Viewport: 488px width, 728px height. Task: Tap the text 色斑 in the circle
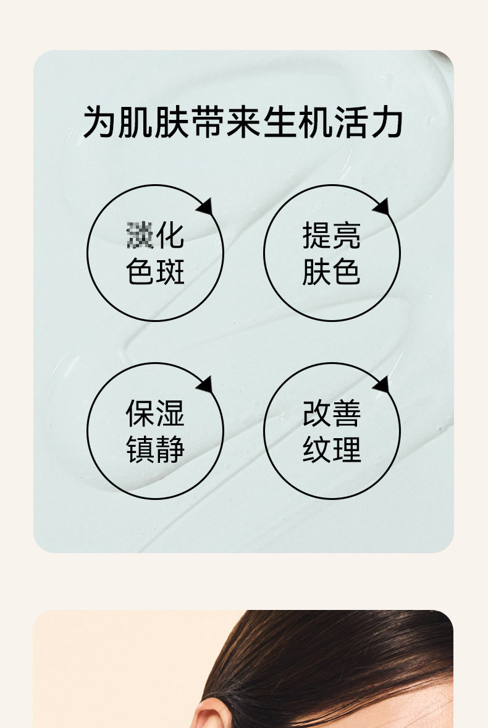pyautogui.click(x=155, y=272)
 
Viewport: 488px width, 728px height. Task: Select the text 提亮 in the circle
pyautogui.click(x=332, y=236)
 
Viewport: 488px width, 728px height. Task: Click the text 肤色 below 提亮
pyautogui.click(x=332, y=272)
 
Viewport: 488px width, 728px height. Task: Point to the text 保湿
pyautogui.click(x=155, y=413)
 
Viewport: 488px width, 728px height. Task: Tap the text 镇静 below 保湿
pyautogui.click(x=155, y=449)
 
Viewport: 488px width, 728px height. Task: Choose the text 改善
pyautogui.click(x=332, y=413)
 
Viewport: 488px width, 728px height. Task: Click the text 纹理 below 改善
pyautogui.click(x=332, y=449)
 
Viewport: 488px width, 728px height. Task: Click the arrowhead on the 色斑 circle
pyautogui.click(x=205, y=206)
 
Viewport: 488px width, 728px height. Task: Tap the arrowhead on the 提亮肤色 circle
pyautogui.click(x=382, y=206)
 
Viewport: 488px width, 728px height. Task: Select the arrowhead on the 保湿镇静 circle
pyautogui.click(x=205, y=384)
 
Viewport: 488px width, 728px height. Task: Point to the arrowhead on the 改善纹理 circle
pyautogui.click(x=382, y=384)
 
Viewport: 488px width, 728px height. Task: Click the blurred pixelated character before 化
pyautogui.click(x=140, y=236)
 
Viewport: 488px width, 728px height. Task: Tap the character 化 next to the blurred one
pyautogui.click(x=170, y=236)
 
